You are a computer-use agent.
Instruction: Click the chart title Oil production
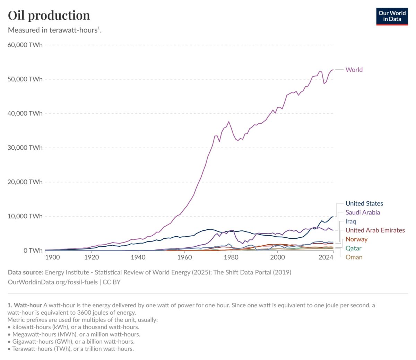click(49, 15)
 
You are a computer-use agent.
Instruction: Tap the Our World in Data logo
click(392, 16)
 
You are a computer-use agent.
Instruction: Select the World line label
click(354, 70)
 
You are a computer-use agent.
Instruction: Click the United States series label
click(364, 203)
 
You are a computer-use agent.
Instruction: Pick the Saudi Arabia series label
click(363, 212)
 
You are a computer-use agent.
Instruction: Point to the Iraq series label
click(351, 221)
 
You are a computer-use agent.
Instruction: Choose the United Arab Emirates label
click(375, 230)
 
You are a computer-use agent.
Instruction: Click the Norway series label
click(356, 239)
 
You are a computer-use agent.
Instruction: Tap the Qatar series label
click(353, 248)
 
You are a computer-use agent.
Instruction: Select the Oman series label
click(354, 257)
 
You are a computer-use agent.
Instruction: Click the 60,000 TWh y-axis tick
click(25, 45)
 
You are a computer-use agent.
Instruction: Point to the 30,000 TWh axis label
click(25, 148)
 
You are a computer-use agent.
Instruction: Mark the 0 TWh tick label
click(33, 250)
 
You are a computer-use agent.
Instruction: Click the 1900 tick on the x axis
click(52, 257)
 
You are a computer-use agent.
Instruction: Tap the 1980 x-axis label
click(231, 257)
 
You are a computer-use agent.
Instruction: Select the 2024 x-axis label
click(326, 257)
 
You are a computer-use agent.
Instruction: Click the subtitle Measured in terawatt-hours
click(54, 30)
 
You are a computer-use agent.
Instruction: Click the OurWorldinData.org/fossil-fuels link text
click(53, 282)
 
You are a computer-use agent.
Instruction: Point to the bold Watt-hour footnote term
click(25, 305)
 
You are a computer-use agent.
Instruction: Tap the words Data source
click(25, 272)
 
